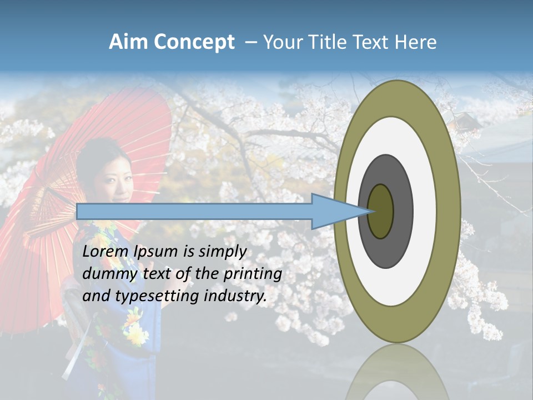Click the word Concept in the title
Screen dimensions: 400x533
pyautogui.click(x=194, y=42)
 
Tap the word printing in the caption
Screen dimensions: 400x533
pyautogui.click(x=253, y=274)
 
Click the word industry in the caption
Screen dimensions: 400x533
pyautogui.click(x=235, y=296)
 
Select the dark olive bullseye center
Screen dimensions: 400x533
pyautogui.click(x=380, y=212)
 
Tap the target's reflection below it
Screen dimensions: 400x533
pyautogui.click(x=397, y=372)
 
